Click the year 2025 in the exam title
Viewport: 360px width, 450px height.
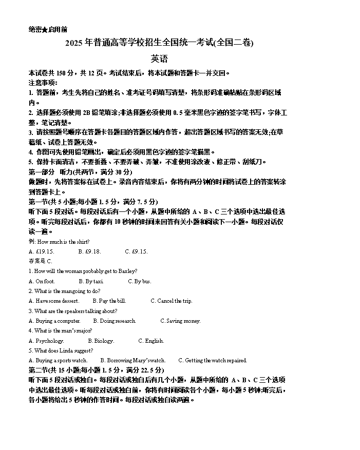[x=74, y=44]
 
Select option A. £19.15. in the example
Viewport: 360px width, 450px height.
[x=42, y=251]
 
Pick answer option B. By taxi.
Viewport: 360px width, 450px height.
[x=91, y=281]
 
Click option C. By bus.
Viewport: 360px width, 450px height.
[x=139, y=281]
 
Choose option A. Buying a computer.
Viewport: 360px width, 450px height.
[x=54, y=321]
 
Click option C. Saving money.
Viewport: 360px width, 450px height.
[x=180, y=321]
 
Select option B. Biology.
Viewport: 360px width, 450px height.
[x=101, y=341]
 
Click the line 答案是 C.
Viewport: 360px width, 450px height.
[x=41, y=261]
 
